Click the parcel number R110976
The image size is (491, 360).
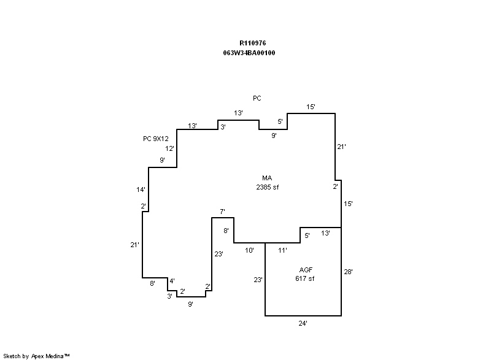pos(253,43)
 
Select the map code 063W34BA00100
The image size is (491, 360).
pos(249,53)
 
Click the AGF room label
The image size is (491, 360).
pos(306,270)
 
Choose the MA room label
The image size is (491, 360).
pos(267,178)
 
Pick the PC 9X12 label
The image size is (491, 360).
pos(156,139)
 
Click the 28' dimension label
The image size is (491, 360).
pos(349,271)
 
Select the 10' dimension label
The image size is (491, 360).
pos(250,250)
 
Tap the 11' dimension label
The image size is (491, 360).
pos(283,250)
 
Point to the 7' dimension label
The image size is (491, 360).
pos(222,212)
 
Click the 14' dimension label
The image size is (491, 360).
pos(141,190)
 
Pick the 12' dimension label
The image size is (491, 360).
pos(169,148)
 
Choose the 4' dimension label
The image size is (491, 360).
pos(172,281)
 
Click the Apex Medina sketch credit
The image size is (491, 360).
pos(37,355)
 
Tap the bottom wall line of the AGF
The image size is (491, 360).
pos(303,316)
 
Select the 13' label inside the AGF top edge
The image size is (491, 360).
pos(325,233)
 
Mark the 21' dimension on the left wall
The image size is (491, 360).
pos(135,245)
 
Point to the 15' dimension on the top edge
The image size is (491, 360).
pos(311,107)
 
